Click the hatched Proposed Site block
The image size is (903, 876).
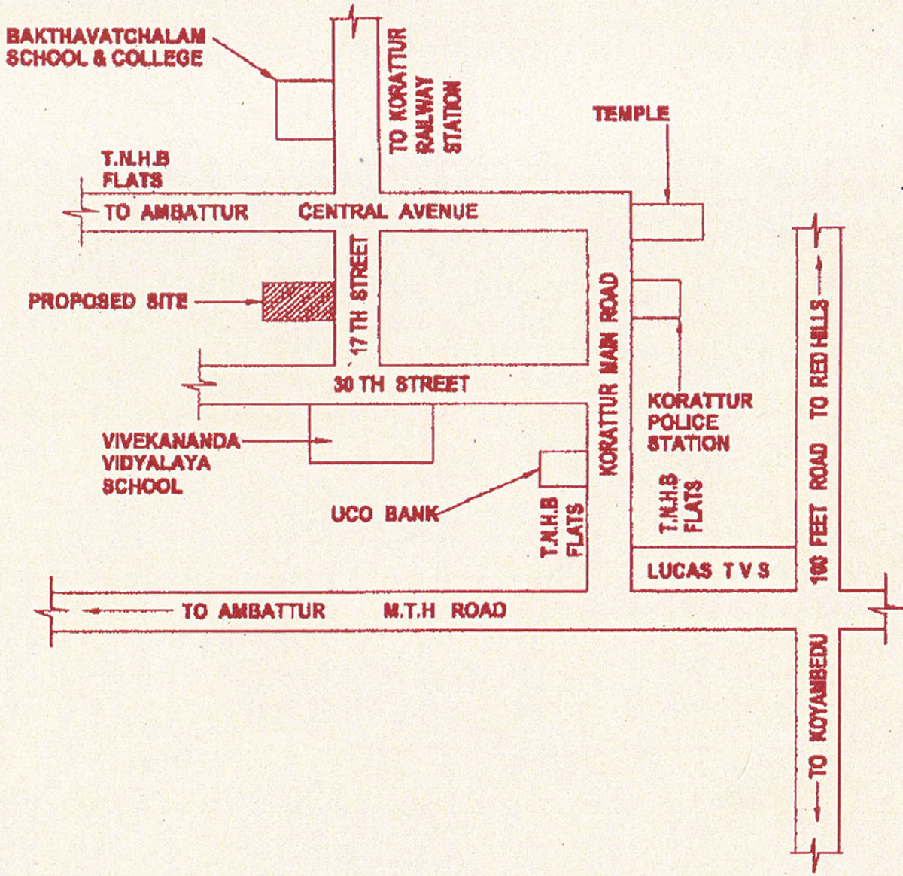(299, 302)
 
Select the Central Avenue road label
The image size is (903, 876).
(388, 211)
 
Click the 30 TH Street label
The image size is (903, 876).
(401, 384)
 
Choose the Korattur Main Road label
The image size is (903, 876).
(610, 374)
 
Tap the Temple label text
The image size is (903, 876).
(631, 114)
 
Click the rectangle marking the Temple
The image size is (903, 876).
(667, 222)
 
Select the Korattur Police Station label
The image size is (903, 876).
(700, 422)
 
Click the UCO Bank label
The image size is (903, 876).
(385, 514)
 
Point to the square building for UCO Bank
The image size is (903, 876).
(564, 469)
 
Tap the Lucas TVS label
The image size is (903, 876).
(708, 570)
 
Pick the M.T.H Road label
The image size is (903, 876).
(445, 610)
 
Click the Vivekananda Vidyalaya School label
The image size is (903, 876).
(172, 464)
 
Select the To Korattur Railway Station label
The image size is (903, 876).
(425, 91)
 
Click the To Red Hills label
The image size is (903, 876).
(819, 359)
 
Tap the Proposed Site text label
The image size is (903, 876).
(108, 302)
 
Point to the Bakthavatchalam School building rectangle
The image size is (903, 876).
(305, 110)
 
